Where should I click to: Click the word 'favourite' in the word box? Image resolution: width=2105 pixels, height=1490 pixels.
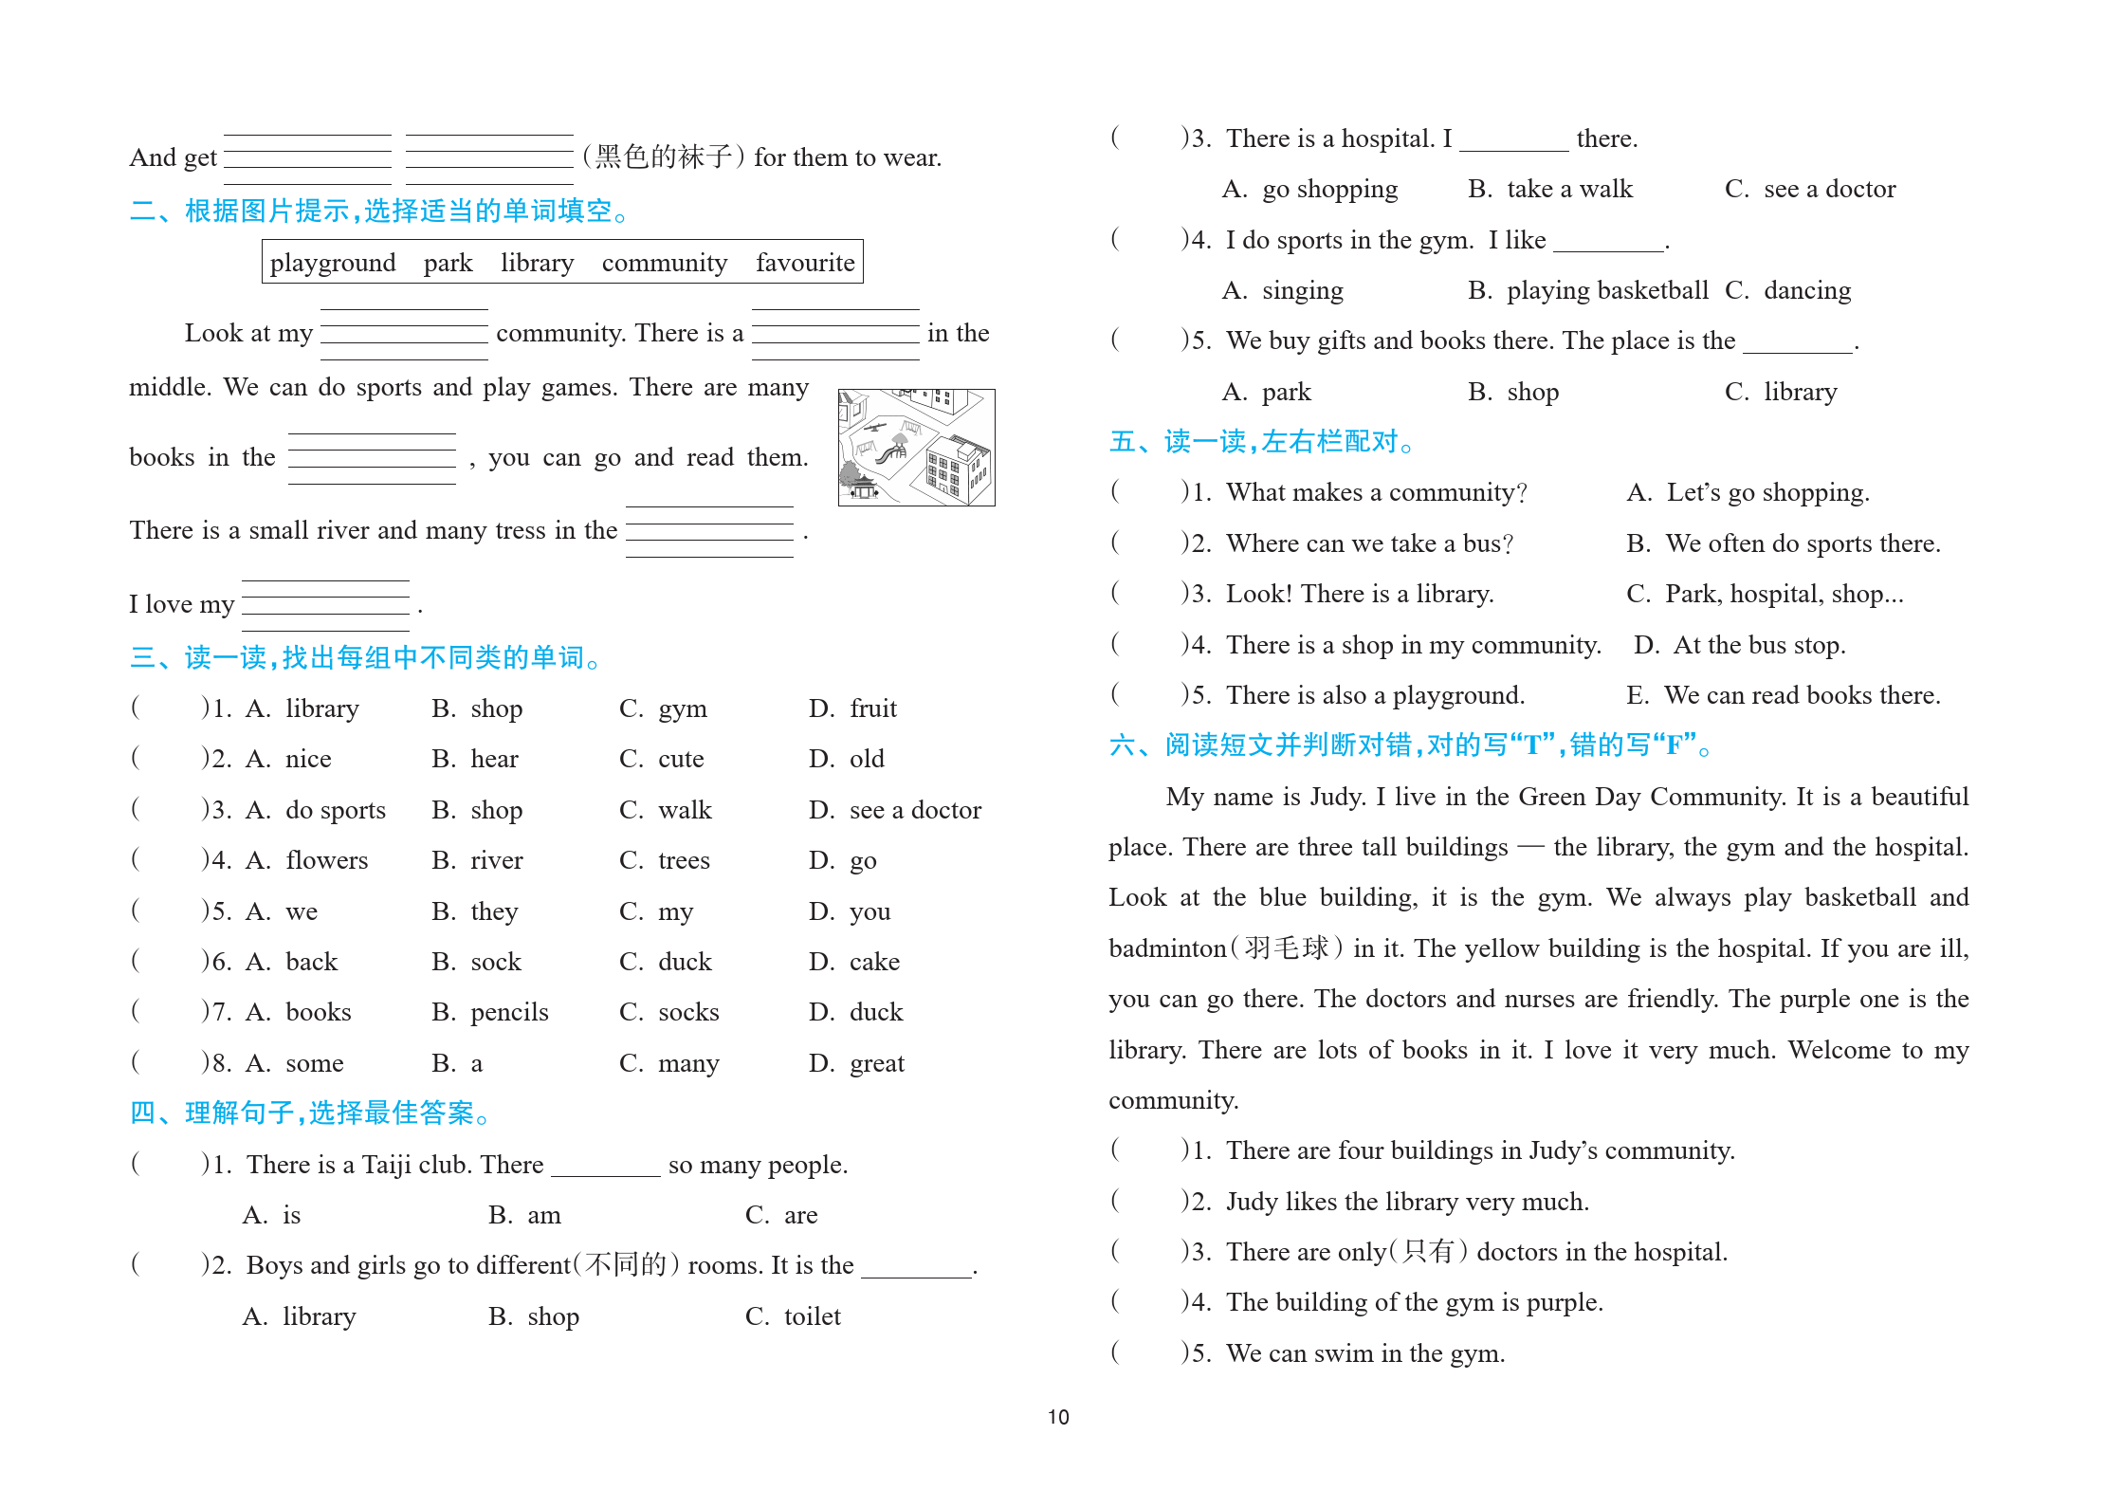click(x=804, y=263)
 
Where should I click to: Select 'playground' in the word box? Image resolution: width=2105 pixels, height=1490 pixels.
click(x=332, y=263)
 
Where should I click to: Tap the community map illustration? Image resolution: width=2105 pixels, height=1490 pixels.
click(x=916, y=447)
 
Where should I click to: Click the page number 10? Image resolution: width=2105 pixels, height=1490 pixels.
click(x=1058, y=1417)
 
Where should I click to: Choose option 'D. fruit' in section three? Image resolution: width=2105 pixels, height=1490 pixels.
click(x=852, y=708)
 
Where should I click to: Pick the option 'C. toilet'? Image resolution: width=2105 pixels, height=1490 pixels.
click(x=793, y=1316)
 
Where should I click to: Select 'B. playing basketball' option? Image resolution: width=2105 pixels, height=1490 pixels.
click(x=1587, y=290)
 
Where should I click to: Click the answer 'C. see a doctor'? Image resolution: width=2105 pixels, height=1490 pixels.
click(x=1809, y=189)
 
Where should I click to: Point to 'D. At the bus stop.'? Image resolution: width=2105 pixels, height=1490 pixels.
click(x=1739, y=645)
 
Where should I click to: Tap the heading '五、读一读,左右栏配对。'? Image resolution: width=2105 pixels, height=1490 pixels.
click(x=1261, y=442)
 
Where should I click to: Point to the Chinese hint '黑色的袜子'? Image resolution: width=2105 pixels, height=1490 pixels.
click(x=663, y=156)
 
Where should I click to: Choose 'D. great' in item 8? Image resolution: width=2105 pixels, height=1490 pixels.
click(x=856, y=1063)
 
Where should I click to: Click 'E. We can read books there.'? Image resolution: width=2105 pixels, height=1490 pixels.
click(x=1783, y=695)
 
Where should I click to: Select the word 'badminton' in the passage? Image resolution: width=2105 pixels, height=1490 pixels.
click(x=1167, y=948)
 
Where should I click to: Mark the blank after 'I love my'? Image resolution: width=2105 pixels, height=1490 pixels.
click(x=325, y=605)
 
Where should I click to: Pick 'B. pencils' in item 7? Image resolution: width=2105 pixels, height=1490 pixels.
click(x=489, y=1012)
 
